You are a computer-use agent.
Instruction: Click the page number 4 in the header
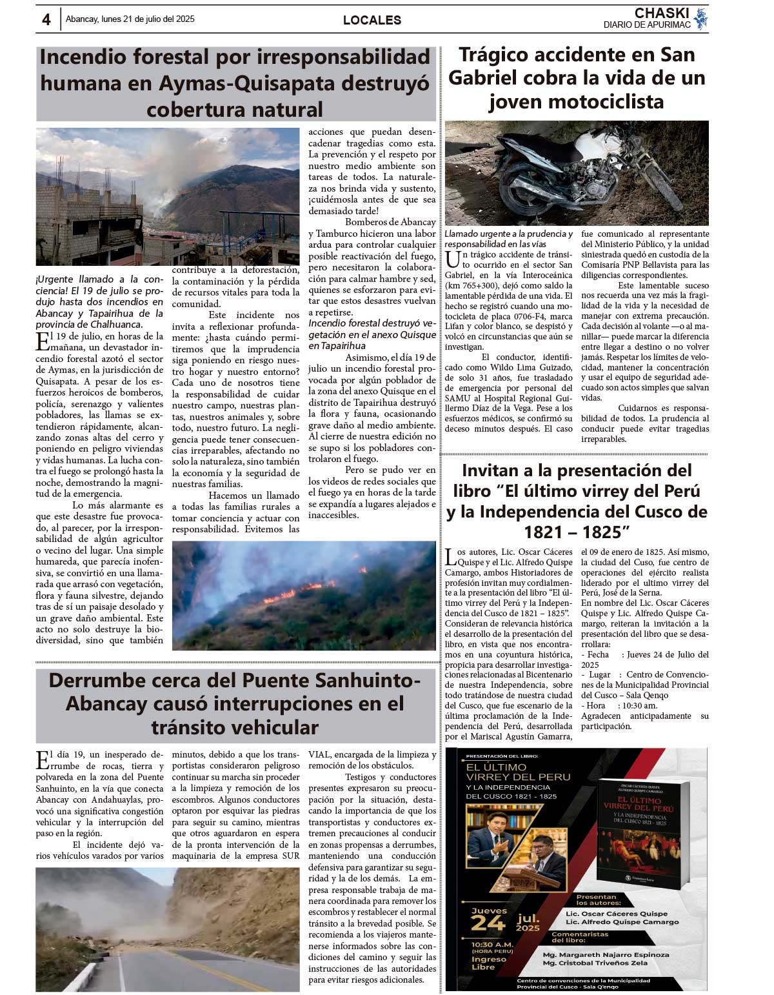pos(46,20)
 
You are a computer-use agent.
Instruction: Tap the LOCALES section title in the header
pos(372,20)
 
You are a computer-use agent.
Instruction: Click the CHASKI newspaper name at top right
pos(662,14)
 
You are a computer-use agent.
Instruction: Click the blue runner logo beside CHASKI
pos(701,19)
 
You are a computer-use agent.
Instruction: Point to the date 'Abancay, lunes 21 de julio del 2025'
pos(130,19)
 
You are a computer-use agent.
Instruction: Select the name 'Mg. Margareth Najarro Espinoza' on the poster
pos(606,954)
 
